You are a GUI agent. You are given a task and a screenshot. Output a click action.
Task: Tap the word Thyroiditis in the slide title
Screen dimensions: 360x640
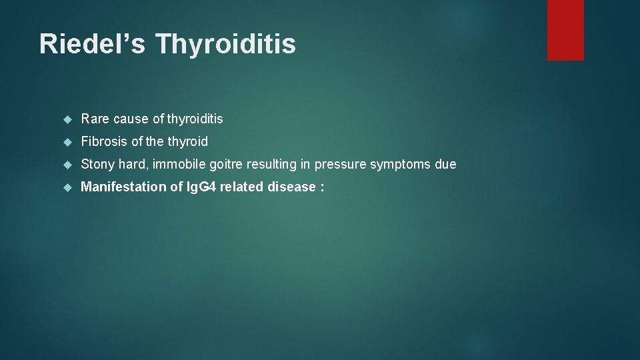(x=225, y=44)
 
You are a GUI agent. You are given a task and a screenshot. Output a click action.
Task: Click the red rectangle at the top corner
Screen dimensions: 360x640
(x=565, y=30)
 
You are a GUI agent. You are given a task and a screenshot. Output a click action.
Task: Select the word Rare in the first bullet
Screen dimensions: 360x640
(x=95, y=119)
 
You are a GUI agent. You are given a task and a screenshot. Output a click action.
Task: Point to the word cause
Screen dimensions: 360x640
(x=131, y=119)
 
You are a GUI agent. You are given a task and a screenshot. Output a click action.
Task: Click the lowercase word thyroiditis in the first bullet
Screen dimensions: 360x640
(x=195, y=119)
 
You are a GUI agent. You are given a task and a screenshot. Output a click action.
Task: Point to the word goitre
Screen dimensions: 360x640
(x=223, y=165)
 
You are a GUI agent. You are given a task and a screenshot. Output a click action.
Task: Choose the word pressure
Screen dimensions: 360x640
(x=338, y=165)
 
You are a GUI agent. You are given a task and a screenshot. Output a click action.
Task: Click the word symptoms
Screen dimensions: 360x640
(x=399, y=165)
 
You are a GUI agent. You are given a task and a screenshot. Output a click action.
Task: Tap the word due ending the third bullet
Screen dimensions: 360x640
(x=446, y=165)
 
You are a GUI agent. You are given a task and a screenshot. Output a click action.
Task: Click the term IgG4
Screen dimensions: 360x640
(x=201, y=187)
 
